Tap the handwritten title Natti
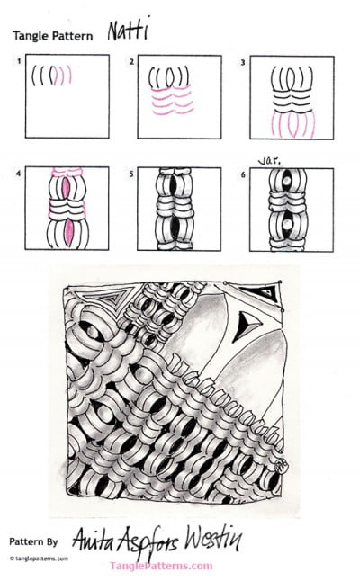click(x=126, y=33)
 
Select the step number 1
click(x=18, y=60)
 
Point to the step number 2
click(x=132, y=61)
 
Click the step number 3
click(x=244, y=61)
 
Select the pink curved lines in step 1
click(x=63, y=76)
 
